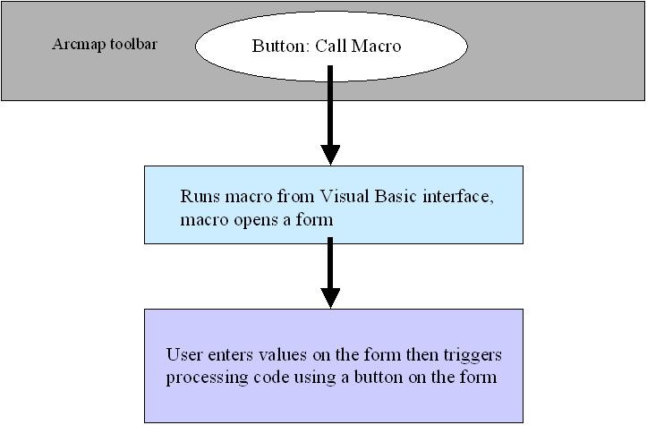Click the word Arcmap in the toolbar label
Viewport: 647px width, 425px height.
[x=79, y=45]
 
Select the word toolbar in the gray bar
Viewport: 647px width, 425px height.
[x=133, y=43]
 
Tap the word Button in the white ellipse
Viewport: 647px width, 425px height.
[x=281, y=46]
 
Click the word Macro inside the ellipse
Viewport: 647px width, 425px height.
[x=376, y=46]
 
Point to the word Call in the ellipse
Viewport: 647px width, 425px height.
[x=331, y=46]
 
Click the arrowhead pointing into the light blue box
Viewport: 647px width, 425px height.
[x=330, y=155]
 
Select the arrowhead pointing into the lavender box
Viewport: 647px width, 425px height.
[x=330, y=298]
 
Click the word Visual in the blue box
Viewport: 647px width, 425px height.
[x=345, y=196]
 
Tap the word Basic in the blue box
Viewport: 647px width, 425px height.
[x=396, y=196]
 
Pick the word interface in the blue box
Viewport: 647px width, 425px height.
[x=458, y=197]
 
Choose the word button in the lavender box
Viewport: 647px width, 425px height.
[x=379, y=377]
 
